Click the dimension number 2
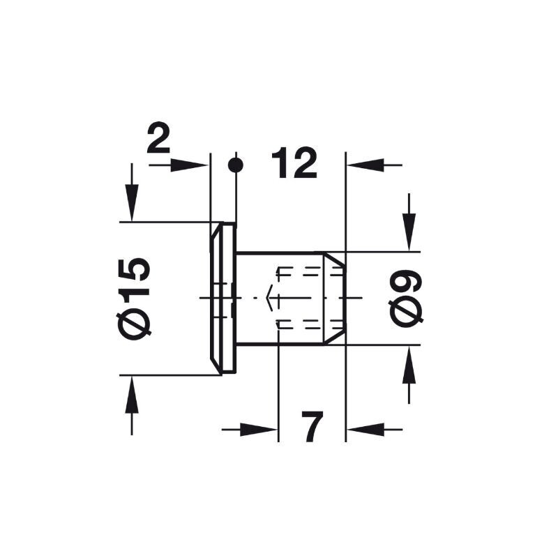159,138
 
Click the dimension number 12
294,163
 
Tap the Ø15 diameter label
134,299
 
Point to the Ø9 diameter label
407,299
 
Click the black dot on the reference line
235,165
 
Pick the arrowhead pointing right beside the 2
189,165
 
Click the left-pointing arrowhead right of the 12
365,165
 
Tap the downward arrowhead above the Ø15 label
132,203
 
